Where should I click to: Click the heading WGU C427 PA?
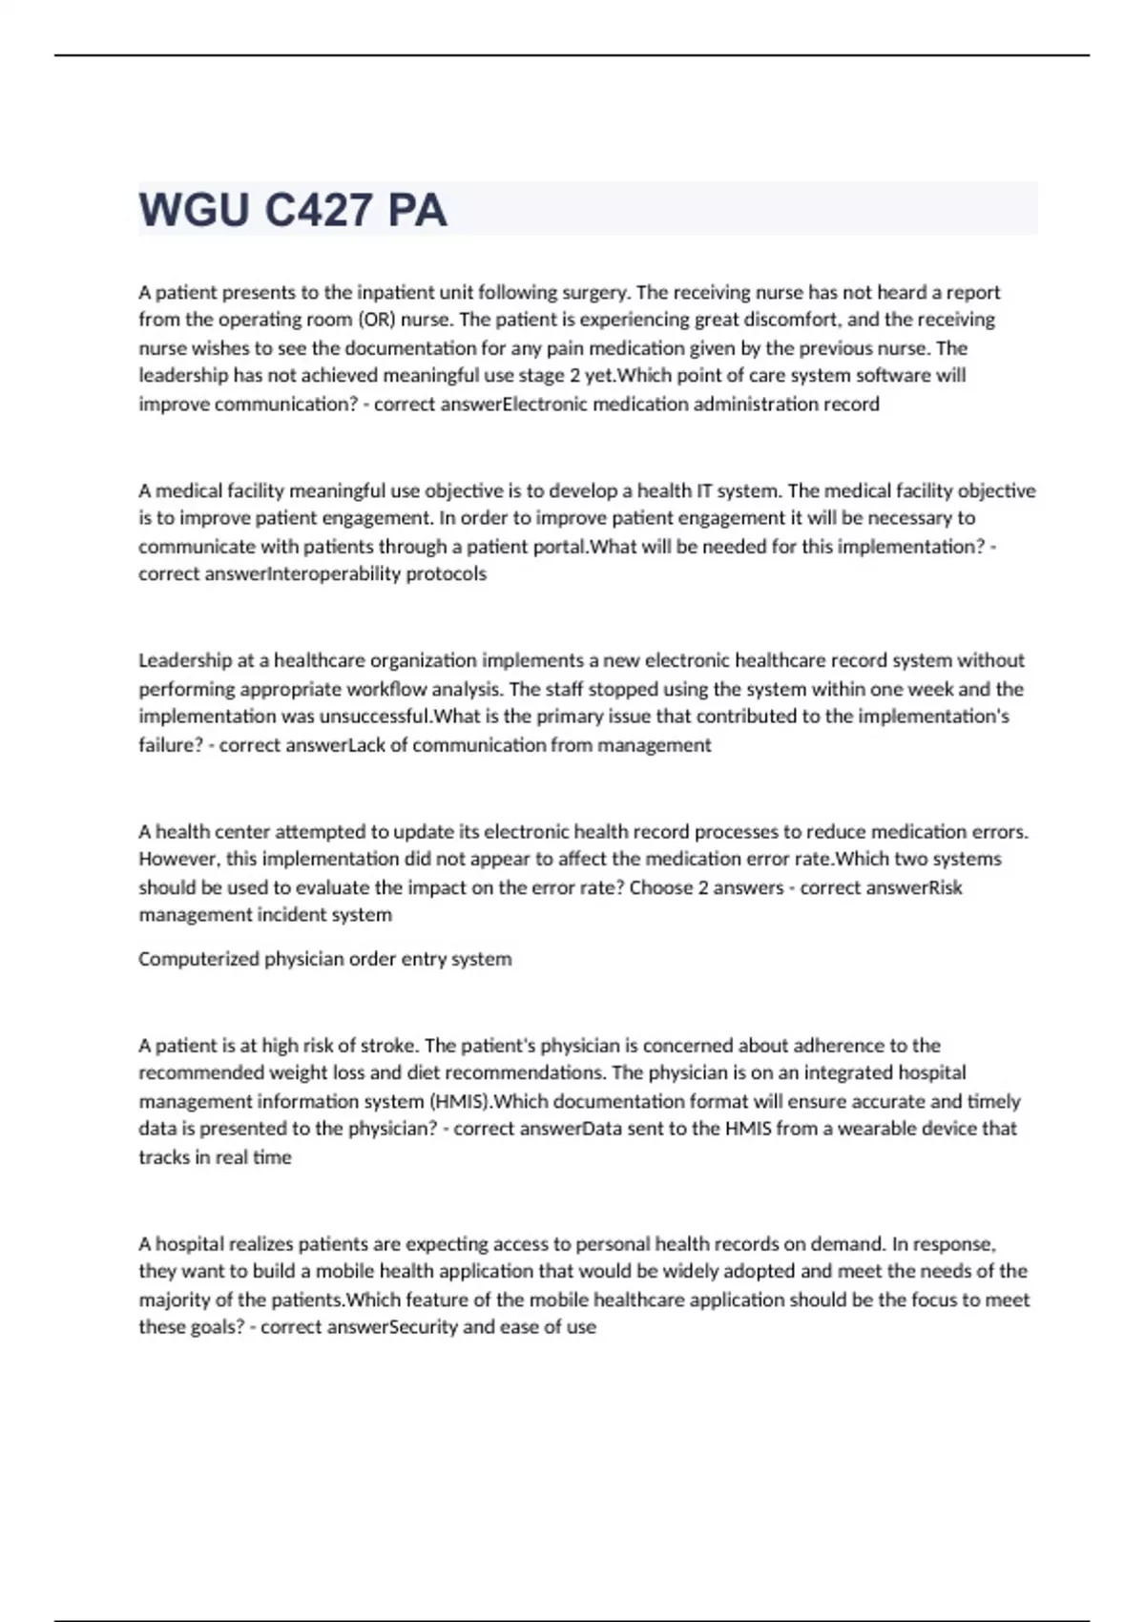[293, 210]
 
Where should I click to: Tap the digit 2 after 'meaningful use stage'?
[574, 376]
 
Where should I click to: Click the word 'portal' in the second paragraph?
[563, 547]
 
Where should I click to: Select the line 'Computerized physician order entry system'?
[324, 959]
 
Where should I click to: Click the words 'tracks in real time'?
[215, 1157]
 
